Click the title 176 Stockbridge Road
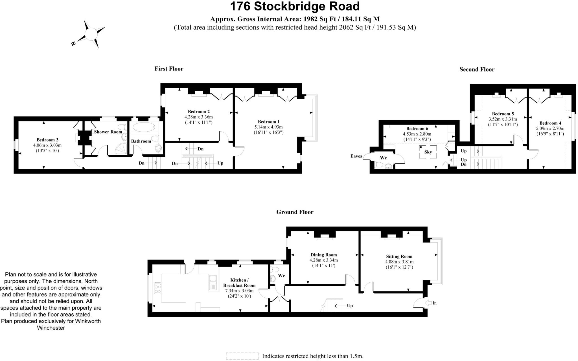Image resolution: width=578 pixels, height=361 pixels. (295, 6)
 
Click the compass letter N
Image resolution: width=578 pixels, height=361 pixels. (73, 43)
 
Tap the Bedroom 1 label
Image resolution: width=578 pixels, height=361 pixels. (269, 122)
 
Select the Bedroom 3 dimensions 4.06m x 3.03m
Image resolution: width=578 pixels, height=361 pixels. (47, 145)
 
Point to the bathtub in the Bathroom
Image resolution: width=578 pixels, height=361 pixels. (144, 127)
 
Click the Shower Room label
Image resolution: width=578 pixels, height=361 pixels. (108, 132)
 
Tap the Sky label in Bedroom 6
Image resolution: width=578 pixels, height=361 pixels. (428, 152)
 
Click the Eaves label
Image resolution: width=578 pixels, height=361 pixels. (356, 156)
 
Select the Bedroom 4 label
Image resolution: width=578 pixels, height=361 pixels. (550, 123)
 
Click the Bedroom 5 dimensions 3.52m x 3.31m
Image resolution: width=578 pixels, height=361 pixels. (503, 119)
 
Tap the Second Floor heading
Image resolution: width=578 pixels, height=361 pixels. (477, 70)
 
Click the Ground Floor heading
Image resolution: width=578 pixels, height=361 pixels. (295, 212)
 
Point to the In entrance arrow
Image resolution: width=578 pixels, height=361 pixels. (428, 303)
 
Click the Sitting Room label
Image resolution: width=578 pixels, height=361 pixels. (399, 256)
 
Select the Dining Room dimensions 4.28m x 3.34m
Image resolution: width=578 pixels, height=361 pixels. (324, 260)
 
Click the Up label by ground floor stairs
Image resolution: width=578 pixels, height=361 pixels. (350, 306)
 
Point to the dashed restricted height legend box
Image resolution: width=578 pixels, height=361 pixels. (242, 356)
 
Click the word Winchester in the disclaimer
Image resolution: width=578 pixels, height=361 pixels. (51, 328)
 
